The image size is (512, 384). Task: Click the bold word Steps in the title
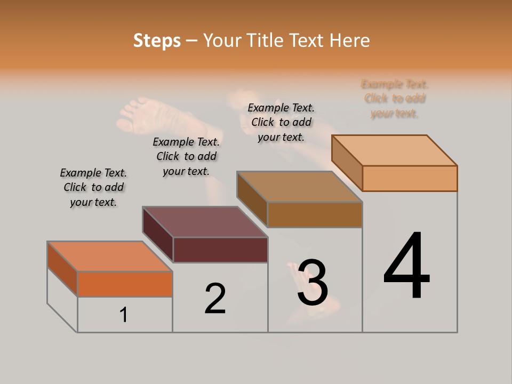pyautogui.click(x=157, y=41)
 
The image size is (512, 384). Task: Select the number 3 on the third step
pyautogui.click(x=313, y=283)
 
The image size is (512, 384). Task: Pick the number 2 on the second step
pyautogui.click(x=215, y=299)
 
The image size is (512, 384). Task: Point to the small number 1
pyautogui.click(x=124, y=315)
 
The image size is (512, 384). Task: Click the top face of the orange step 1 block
pyautogui.click(x=109, y=257)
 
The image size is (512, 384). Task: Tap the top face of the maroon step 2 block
pyautogui.click(x=205, y=222)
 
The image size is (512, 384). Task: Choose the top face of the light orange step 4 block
pyautogui.click(x=395, y=150)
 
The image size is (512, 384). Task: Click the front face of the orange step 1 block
pyautogui.click(x=125, y=284)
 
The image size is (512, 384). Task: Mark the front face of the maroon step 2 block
pyautogui.click(x=220, y=250)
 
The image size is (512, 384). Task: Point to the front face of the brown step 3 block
pyautogui.click(x=315, y=214)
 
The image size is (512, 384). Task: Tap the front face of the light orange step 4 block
pyautogui.click(x=410, y=178)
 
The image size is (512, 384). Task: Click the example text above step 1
pyautogui.click(x=93, y=188)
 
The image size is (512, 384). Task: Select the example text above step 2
pyautogui.click(x=186, y=157)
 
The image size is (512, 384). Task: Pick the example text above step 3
pyautogui.click(x=281, y=123)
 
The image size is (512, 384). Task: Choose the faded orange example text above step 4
pyautogui.click(x=395, y=99)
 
